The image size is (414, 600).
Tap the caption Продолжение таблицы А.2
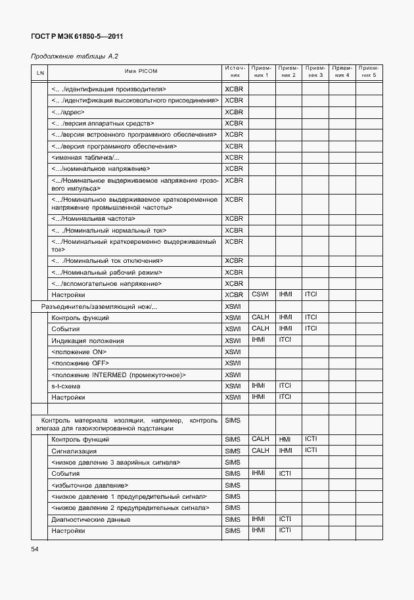[x=74, y=57]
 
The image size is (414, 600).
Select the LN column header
[x=40, y=72]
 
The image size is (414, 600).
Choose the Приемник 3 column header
[x=315, y=72]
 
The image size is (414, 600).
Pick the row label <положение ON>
[x=79, y=352]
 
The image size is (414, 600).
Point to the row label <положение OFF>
[x=80, y=363]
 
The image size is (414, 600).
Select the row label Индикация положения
[x=87, y=340]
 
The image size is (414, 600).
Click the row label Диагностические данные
[x=91, y=519]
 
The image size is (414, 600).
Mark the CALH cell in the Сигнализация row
[x=261, y=450]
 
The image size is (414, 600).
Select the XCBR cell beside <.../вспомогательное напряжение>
[x=234, y=283]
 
